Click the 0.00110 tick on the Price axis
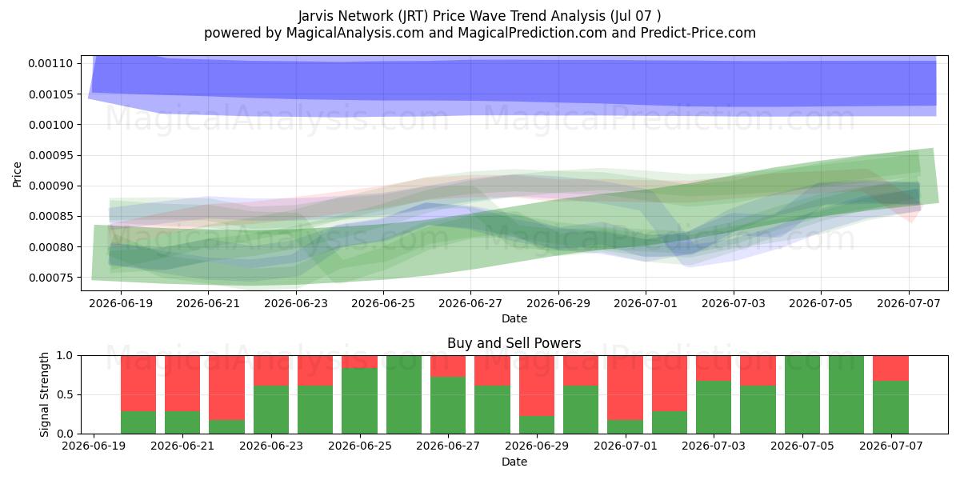tap(50, 63)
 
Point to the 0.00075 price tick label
tap(50, 278)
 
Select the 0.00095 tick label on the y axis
tap(50, 155)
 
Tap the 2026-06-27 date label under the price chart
tap(470, 303)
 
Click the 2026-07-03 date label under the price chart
tap(734, 303)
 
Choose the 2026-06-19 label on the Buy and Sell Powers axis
tap(94, 446)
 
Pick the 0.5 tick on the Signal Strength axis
tap(65, 394)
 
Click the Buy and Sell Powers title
tap(514, 343)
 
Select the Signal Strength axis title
tap(44, 394)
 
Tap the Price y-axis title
tap(17, 174)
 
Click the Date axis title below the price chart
tap(514, 318)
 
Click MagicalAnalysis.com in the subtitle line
tap(355, 33)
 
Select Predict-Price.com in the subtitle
tap(698, 33)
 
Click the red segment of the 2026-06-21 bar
tap(182, 383)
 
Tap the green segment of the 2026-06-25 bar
tap(359, 401)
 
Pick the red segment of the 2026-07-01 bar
tap(626, 388)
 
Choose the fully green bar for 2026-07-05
tap(802, 394)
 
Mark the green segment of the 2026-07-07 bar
tap(890, 407)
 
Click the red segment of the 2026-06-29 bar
tap(537, 386)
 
